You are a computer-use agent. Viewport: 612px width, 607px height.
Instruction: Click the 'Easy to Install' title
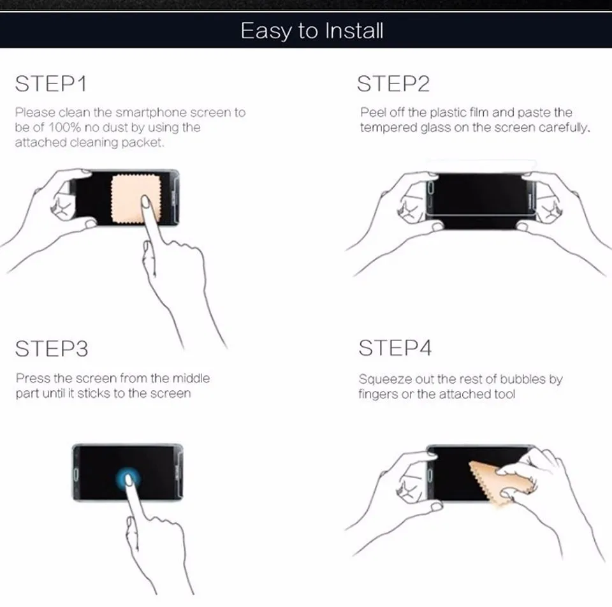pyautogui.click(x=312, y=31)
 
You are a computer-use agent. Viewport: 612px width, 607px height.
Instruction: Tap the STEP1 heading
pyautogui.click(x=51, y=84)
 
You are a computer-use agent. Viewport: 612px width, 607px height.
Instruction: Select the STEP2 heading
pyautogui.click(x=393, y=84)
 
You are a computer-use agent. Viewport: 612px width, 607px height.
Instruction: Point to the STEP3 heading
pyautogui.click(x=52, y=349)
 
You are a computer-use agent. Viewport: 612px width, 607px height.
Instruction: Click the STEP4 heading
pyautogui.click(x=395, y=347)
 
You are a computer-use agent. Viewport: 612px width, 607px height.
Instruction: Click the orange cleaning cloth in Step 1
pyautogui.click(x=135, y=199)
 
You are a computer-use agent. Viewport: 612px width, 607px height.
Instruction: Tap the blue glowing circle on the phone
pyautogui.click(x=128, y=479)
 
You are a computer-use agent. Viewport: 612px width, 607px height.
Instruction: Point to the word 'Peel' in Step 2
pyautogui.click(x=373, y=112)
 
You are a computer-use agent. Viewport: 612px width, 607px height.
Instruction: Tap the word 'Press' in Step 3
pyautogui.click(x=33, y=378)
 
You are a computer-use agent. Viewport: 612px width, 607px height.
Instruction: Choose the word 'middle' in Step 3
pyautogui.click(x=191, y=378)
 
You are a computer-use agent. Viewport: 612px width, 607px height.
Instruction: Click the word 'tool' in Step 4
pyautogui.click(x=504, y=394)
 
